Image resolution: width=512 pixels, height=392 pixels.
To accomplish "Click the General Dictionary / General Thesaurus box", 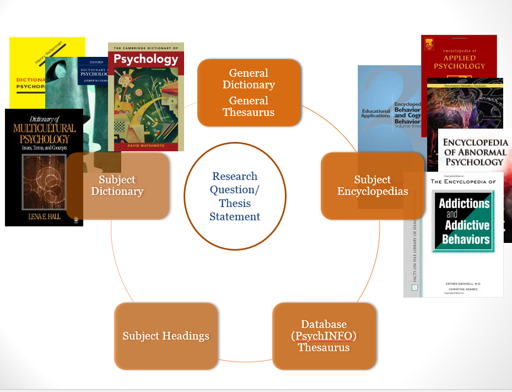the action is click(249, 92).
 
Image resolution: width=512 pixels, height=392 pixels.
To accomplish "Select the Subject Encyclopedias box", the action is click(373, 186).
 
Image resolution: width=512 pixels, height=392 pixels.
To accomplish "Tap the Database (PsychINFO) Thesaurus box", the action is click(324, 336).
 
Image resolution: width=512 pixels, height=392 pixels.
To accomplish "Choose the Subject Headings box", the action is click(166, 336).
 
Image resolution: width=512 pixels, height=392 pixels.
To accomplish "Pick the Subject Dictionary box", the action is click(117, 186).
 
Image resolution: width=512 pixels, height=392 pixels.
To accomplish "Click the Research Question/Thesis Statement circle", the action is click(235, 196).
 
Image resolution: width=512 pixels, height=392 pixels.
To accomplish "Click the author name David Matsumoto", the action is click(145, 145).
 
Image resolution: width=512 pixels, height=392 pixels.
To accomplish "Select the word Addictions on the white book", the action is click(464, 204).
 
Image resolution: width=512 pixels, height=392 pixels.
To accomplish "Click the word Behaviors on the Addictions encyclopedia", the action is click(465, 240).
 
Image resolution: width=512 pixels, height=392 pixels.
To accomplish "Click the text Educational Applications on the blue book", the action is click(375, 113).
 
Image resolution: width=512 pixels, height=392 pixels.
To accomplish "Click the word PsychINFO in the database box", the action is click(324, 336).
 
